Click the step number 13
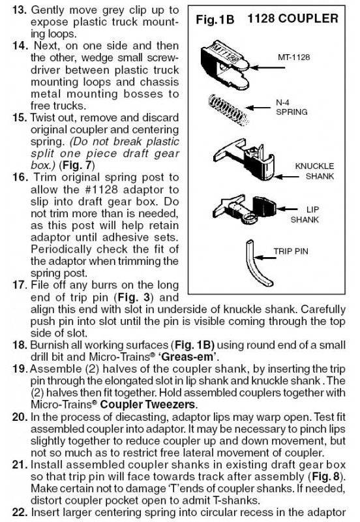click(x=19, y=9)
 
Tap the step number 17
click(x=20, y=285)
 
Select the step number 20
click(x=20, y=417)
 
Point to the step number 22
click(x=20, y=512)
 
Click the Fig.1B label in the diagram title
click(x=215, y=20)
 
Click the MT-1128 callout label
click(x=293, y=57)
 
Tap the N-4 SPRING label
click(x=292, y=107)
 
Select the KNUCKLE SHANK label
click(x=314, y=171)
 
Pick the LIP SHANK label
click(x=305, y=215)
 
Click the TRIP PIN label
click(x=291, y=251)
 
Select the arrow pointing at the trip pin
click(x=264, y=257)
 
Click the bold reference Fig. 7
click(x=77, y=166)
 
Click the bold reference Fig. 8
click(x=325, y=476)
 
